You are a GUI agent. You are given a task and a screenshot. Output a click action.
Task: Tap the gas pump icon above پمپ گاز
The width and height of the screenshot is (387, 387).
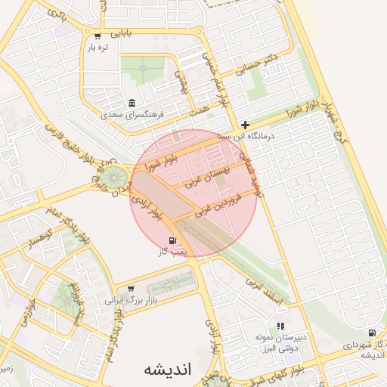163,240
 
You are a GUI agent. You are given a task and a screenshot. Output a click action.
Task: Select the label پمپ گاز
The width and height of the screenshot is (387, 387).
172,252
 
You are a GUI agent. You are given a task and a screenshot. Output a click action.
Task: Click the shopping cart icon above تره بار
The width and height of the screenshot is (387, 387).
98,36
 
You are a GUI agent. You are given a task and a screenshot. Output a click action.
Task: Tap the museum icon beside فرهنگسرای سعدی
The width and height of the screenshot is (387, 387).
132,104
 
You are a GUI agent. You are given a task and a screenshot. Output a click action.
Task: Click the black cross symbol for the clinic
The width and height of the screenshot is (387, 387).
245,124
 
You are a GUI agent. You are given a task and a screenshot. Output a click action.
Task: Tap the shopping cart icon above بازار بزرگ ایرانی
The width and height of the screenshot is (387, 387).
132,288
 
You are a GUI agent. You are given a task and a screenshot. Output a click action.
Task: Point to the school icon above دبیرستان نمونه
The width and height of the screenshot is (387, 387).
280,326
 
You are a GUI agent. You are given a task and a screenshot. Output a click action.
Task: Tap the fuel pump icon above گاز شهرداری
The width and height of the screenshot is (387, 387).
371,333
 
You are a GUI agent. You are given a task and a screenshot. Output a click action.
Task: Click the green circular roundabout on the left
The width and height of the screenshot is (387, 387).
115,179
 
